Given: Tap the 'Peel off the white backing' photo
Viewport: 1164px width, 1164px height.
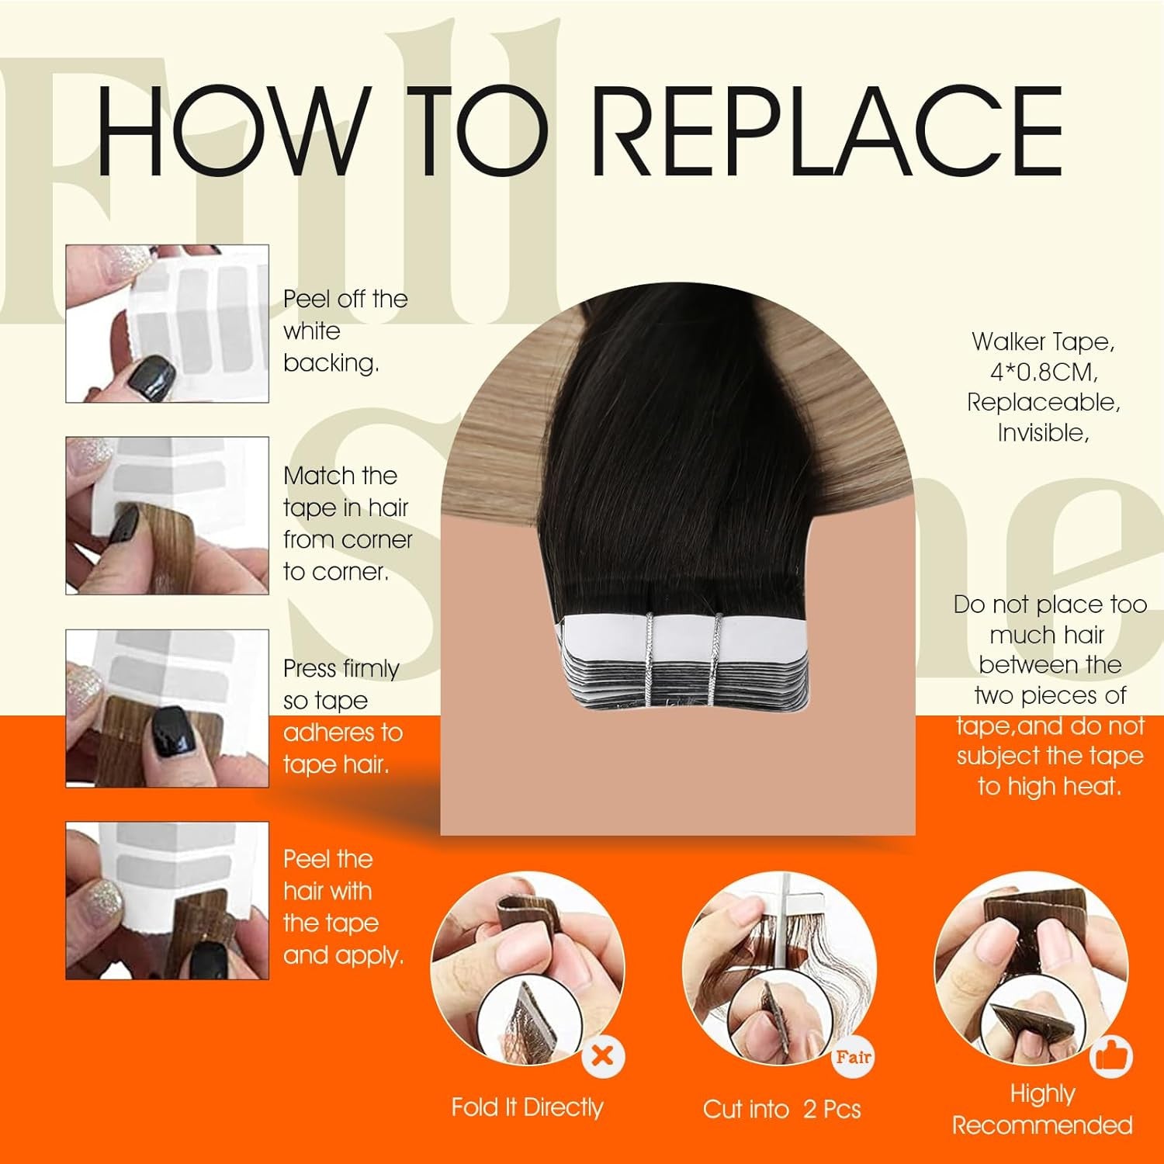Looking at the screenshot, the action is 167,324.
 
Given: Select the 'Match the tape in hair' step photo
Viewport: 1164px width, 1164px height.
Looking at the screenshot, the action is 167,515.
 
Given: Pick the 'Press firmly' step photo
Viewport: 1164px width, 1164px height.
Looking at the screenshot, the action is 167,708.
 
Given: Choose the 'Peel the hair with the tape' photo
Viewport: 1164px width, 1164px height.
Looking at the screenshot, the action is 167,900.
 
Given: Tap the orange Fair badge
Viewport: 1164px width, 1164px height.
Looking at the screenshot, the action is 853,1056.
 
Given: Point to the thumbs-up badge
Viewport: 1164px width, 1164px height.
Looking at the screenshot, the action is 1111,1056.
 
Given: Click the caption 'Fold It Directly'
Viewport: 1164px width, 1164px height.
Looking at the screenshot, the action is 527,1107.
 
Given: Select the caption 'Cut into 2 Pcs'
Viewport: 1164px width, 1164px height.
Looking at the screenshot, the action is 781,1109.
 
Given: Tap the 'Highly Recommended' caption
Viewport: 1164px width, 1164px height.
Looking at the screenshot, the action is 1042,1110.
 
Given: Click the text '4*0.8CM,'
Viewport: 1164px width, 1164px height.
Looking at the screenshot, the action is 1043,372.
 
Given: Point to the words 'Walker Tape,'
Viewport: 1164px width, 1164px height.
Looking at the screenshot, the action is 1043,341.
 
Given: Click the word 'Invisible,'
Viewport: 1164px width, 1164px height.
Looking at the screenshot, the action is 1043,433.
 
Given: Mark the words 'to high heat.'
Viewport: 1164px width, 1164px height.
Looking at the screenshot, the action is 1050,786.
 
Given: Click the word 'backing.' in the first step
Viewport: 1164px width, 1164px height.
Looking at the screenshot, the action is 331,363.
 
